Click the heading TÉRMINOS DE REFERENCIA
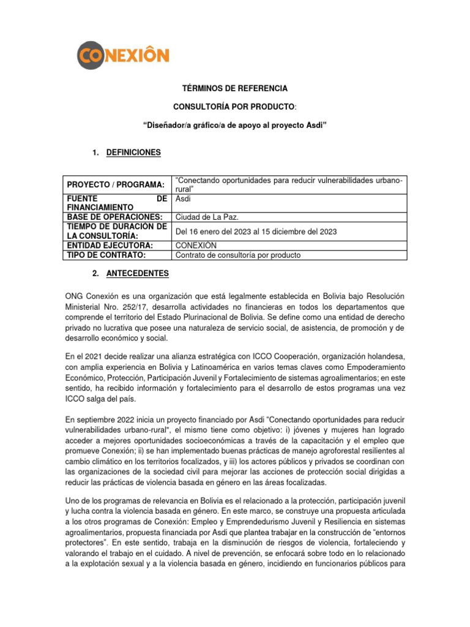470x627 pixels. [235, 89]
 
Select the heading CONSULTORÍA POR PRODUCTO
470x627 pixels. [234, 107]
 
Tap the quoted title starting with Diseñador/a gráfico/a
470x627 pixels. [235, 126]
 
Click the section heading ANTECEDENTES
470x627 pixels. [133, 272]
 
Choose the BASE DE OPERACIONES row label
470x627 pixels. [115, 217]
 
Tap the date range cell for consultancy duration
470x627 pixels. [256, 231]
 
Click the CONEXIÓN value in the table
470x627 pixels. [196, 246]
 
